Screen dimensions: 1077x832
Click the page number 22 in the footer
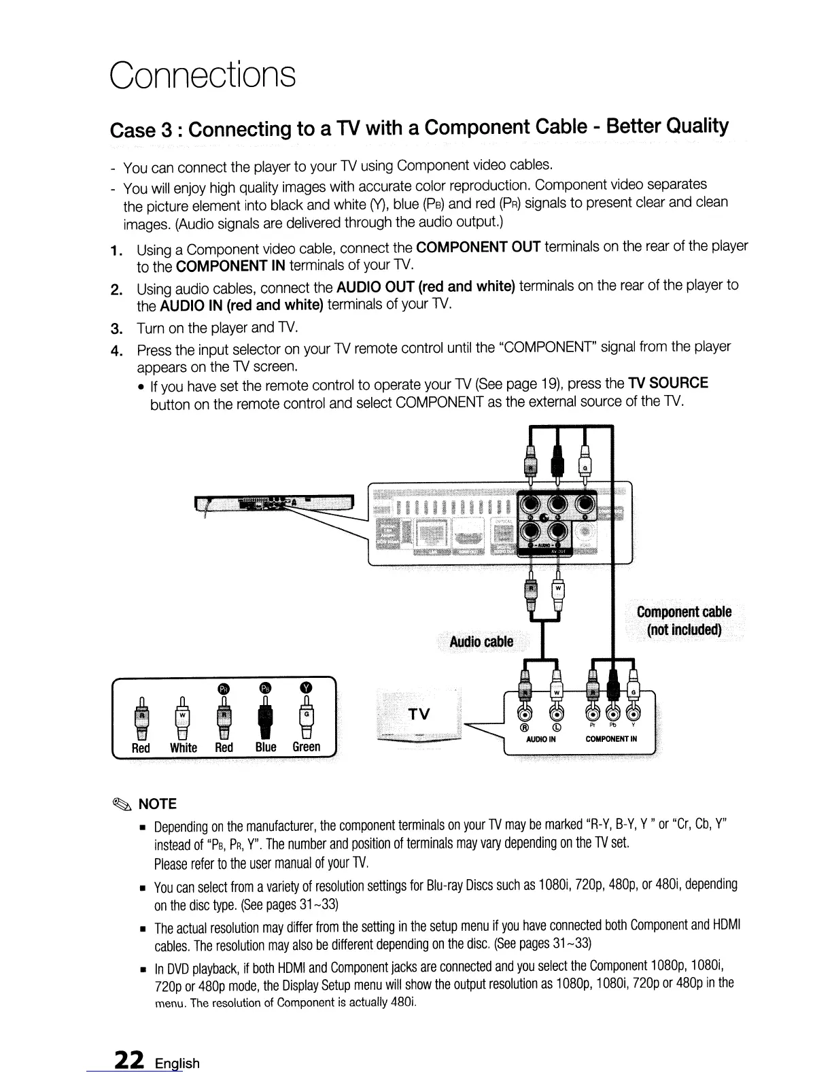tap(128, 1060)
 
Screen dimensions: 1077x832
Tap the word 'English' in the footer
tap(177, 1063)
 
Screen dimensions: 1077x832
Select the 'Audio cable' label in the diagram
tap(481, 642)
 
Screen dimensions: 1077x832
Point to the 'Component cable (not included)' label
tap(684, 620)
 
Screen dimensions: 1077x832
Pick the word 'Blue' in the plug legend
tap(265, 747)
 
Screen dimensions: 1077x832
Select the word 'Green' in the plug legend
tap(306, 747)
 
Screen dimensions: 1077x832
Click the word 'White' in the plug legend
tap(184, 748)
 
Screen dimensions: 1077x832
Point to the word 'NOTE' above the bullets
tap(157, 804)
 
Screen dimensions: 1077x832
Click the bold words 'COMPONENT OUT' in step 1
tap(478, 246)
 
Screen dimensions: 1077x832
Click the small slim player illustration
tap(275, 503)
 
